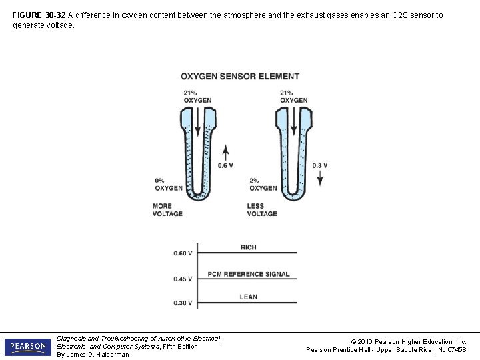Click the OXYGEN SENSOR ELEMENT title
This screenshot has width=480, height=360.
(240, 76)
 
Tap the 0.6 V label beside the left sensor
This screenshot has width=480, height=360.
(225, 165)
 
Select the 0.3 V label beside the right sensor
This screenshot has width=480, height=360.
(320, 165)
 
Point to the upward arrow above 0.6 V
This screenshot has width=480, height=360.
(226, 151)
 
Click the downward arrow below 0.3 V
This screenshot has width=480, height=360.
(320, 178)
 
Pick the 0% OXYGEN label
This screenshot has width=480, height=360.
(169, 184)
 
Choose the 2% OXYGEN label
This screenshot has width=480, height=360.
(263, 184)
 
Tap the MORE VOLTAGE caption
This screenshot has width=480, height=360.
(167, 210)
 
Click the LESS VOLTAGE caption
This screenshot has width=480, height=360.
(262, 210)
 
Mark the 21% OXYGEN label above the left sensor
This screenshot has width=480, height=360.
(197, 97)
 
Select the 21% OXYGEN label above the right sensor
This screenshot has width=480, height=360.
(293, 97)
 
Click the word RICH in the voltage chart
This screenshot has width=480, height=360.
(248, 247)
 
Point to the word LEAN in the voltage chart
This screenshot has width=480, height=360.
(248, 297)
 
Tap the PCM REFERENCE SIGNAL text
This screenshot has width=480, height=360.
(248, 274)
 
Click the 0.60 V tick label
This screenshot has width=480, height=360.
(183, 253)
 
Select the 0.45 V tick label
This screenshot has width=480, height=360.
(183, 279)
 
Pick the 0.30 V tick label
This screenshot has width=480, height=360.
(183, 303)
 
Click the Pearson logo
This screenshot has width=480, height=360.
(27, 347)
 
